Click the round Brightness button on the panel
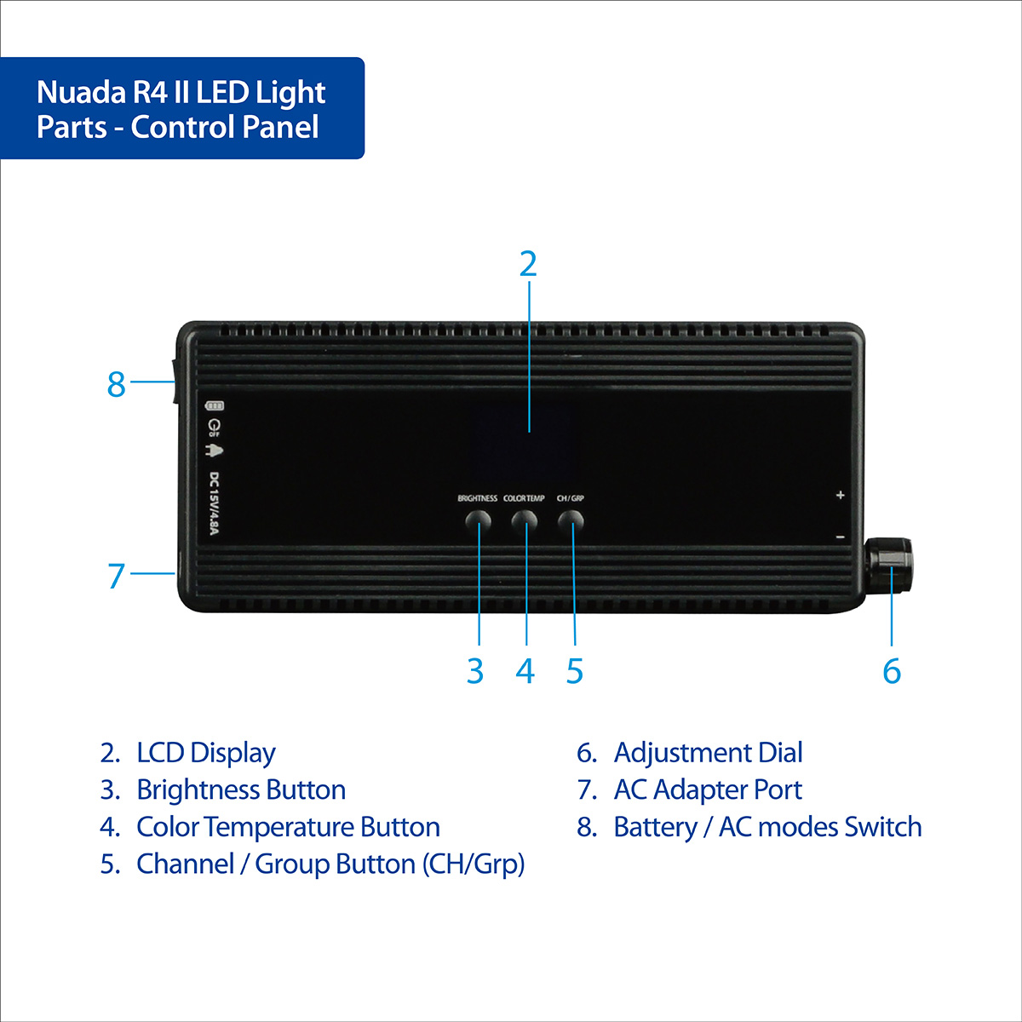(x=478, y=520)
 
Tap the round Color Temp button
(x=525, y=520)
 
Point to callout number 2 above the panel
(x=528, y=265)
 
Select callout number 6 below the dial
(x=891, y=671)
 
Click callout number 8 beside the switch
(x=117, y=385)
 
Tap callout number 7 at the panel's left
(x=117, y=577)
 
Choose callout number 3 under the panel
(x=475, y=671)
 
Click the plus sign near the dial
(x=840, y=495)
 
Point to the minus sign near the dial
(x=840, y=537)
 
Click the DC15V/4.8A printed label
(x=215, y=504)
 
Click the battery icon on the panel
(x=215, y=406)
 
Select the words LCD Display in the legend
(x=205, y=753)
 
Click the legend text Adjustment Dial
(x=708, y=753)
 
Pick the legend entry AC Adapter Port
(x=707, y=789)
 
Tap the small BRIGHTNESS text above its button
(x=477, y=498)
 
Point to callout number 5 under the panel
(x=575, y=671)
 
